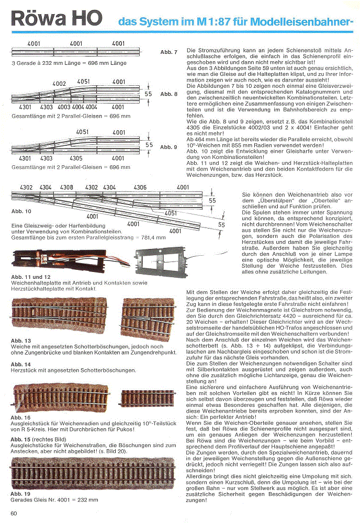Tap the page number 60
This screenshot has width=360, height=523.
pyautogui.click(x=14, y=513)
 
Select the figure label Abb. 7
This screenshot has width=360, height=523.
pyautogui.click(x=169, y=52)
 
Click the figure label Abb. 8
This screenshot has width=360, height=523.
pyautogui.click(x=169, y=94)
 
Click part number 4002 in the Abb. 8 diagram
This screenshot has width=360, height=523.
pyautogui.click(x=60, y=84)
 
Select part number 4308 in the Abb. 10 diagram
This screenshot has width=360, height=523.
pyautogui.click(x=66, y=187)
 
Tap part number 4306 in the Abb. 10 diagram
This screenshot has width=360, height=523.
pyautogui.click(x=140, y=187)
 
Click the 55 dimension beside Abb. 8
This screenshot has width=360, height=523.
pyautogui.click(x=148, y=94)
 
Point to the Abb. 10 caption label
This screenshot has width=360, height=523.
pyautogui.click(x=20, y=211)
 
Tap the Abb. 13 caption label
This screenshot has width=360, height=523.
pyautogui.click(x=20, y=340)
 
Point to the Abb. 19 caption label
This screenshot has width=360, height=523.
pyautogui.click(x=20, y=494)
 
